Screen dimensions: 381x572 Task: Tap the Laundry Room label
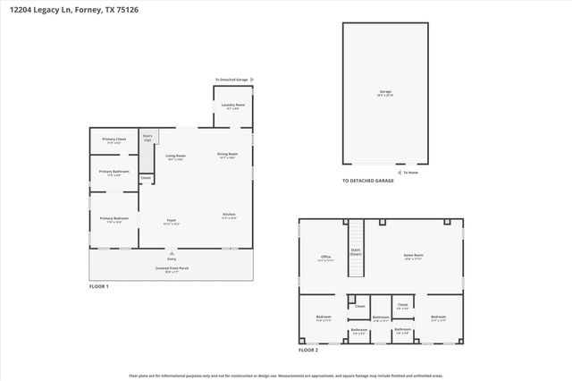coord(233,105)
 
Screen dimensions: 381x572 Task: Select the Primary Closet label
coord(114,140)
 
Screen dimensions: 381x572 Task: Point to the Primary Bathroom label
coord(114,172)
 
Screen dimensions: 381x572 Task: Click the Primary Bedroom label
coord(114,218)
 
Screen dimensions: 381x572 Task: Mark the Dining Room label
coord(228,154)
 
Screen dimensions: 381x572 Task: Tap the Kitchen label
coord(230,215)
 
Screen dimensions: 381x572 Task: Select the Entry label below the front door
coord(171,258)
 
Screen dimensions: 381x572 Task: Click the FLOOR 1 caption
coord(98,286)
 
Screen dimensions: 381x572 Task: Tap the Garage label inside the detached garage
coord(385,91)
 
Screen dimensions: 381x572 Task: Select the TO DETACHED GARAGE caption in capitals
coord(368,181)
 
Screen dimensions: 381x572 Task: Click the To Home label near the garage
coord(409,173)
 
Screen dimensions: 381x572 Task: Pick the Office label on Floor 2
coord(326,257)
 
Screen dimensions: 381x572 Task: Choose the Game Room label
coord(413,255)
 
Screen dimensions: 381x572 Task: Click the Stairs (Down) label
coord(355,251)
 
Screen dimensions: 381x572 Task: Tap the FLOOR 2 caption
coord(308,350)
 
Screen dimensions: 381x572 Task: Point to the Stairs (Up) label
coord(147,138)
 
